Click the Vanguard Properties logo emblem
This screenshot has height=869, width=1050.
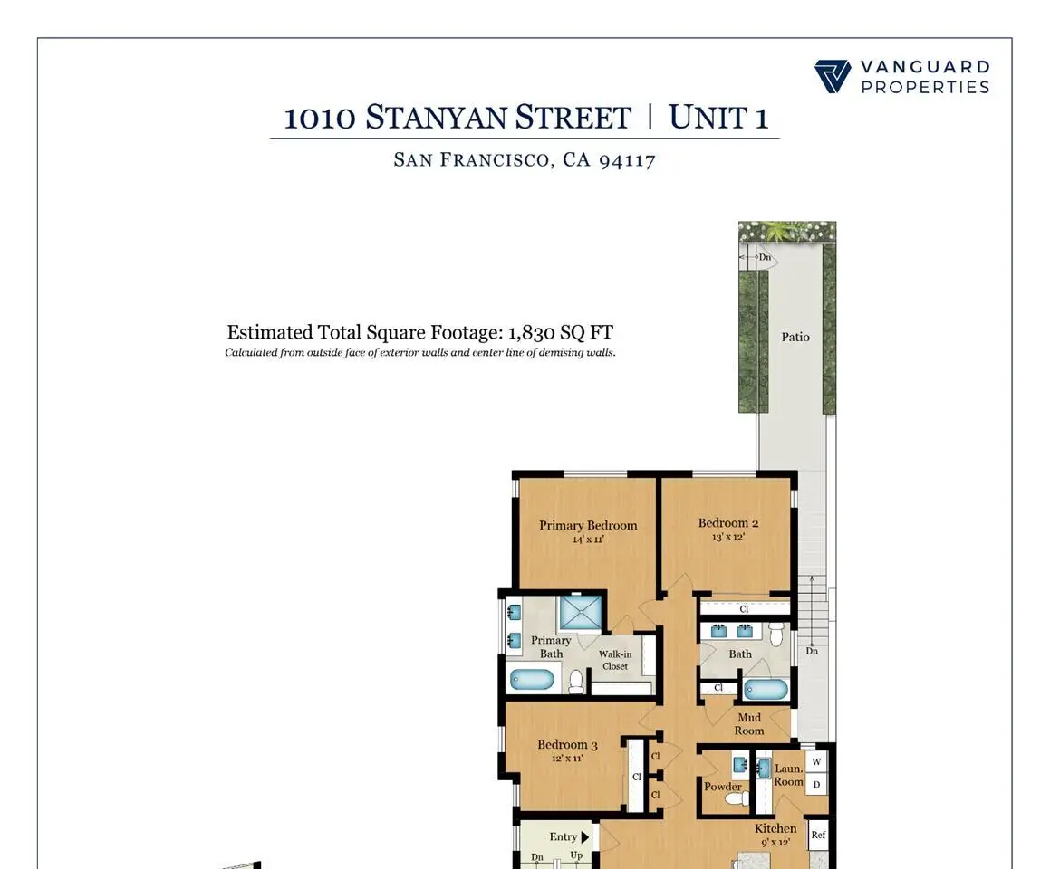click(833, 76)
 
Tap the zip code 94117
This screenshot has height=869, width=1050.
click(627, 160)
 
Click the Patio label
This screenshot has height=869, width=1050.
click(795, 337)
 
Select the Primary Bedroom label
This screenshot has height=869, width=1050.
click(588, 526)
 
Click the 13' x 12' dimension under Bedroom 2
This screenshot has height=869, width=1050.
click(727, 537)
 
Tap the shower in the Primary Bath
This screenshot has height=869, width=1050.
click(581, 613)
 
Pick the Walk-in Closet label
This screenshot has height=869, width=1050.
click(615, 660)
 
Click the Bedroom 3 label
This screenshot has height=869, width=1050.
click(567, 745)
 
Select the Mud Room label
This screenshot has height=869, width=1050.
click(748, 724)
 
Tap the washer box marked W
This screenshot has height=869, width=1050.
click(816, 761)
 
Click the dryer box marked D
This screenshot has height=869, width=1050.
click(816, 784)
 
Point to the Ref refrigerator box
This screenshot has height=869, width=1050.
click(818, 835)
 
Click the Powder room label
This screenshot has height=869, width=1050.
click(723, 787)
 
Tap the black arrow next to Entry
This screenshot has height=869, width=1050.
click(584, 837)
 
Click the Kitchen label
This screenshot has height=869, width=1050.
click(775, 828)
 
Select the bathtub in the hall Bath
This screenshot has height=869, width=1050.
click(766, 690)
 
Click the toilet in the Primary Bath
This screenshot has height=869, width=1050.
click(576, 681)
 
